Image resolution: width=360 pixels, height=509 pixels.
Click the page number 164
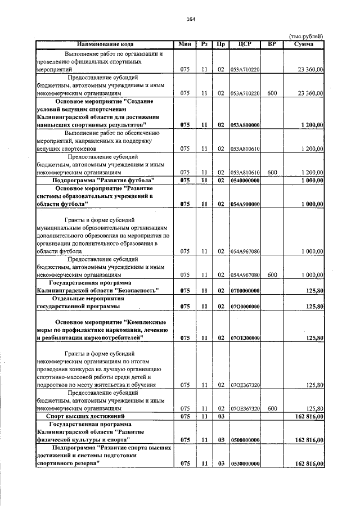coord(191,19)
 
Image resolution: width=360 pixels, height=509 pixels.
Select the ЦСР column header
coord(244,44)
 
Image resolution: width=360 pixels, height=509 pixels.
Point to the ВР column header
coord(271,44)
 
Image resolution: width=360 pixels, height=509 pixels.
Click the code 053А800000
coord(244,124)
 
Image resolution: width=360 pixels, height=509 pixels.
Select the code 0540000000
coord(244,180)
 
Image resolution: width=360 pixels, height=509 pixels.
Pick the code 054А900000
coord(244,204)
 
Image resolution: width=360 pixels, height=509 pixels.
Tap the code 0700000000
coord(244,290)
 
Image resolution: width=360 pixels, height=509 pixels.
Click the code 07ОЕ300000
coord(244,338)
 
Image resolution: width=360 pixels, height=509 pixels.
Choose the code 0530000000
coord(244,463)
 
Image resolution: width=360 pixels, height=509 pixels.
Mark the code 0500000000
coord(244,439)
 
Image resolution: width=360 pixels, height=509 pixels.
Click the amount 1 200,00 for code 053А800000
coord(312,124)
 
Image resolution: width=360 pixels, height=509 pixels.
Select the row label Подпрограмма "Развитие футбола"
coord(103,180)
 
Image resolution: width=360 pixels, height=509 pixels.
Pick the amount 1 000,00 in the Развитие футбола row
coord(312,180)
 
